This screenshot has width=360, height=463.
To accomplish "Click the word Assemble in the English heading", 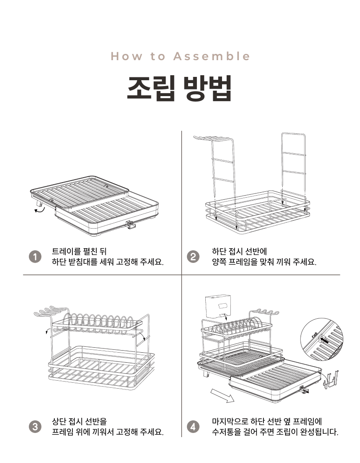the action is [212, 56].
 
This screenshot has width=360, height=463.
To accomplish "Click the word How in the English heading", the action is [127, 56].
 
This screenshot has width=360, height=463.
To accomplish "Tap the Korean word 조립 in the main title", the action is [151, 88].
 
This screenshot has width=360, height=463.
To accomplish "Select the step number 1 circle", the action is [35, 257].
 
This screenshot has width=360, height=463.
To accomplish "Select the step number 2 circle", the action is [193, 257].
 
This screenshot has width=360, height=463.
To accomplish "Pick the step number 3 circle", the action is [35, 427].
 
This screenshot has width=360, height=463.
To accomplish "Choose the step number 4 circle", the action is [193, 427].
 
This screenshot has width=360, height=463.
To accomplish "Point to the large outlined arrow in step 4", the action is [222, 396].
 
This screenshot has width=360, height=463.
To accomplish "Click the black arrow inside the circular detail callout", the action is [324, 340].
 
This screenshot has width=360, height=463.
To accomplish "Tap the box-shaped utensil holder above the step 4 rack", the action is [217, 307].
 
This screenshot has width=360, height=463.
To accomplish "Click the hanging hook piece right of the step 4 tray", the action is [331, 380].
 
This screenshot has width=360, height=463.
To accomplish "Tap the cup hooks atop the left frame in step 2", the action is [209, 138].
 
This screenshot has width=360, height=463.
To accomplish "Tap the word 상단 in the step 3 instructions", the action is [59, 421].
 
